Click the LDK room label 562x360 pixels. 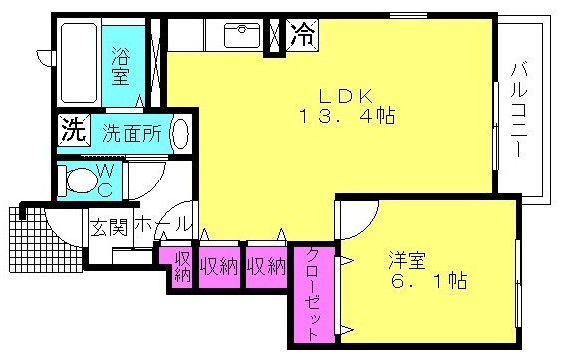[x=346, y=96]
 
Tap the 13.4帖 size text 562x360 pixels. [x=347, y=116]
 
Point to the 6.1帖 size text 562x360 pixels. [x=429, y=281]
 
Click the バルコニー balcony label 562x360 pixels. [x=519, y=110]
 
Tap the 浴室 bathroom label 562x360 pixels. [x=120, y=66]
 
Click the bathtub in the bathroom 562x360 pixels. [x=79, y=63]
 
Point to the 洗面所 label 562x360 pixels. [x=132, y=134]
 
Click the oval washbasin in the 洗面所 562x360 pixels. [x=180, y=133]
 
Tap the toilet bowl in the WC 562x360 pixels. [x=81, y=180]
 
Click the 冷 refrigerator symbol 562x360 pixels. [x=303, y=35]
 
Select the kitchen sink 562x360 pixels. [x=242, y=35]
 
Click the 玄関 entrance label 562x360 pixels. [x=109, y=227]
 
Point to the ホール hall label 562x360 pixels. [x=161, y=225]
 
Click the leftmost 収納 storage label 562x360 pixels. [x=183, y=266]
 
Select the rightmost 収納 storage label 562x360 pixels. [x=266, y=266]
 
